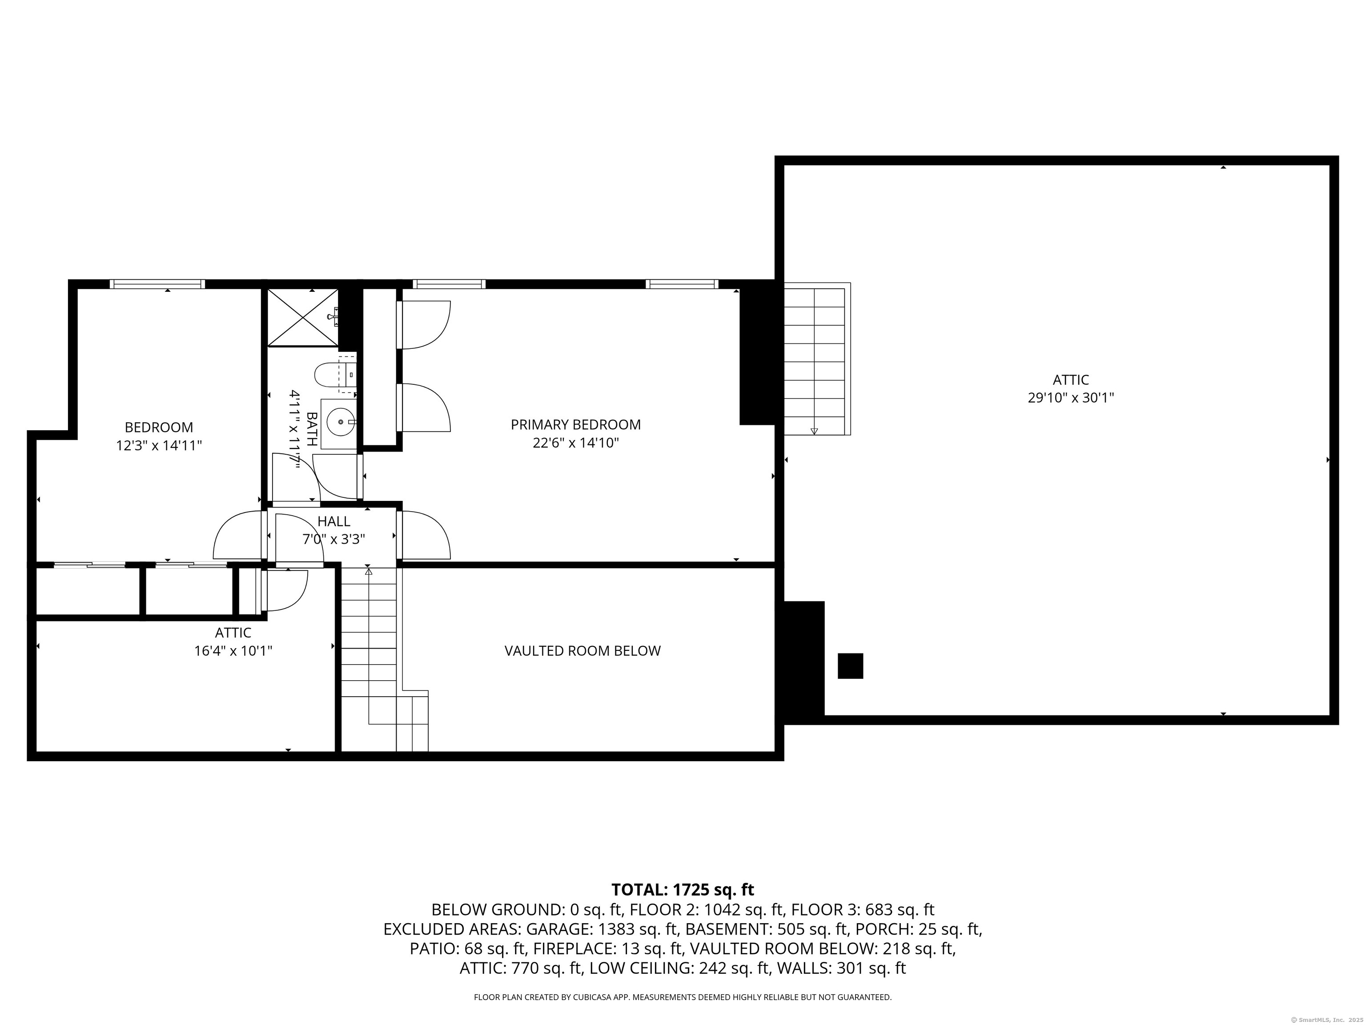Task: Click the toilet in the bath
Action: (x=335, y=374)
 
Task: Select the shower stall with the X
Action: (x=303, y=317)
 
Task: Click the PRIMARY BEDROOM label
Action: (x=575, y=424)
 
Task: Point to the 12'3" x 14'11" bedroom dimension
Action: (x=159, y=445)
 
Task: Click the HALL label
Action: (x=333, y=521)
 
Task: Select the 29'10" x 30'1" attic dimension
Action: (x=1070, y=398)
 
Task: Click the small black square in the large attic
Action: (x=850, y=666)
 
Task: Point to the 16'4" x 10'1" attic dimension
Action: (x=233, y=650)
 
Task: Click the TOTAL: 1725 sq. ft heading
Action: (x=683, y=890)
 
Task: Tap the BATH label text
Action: (x=312, y=429)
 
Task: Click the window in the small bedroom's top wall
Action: (x=157, y=284)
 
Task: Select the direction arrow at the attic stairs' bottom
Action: (x=814, y=431)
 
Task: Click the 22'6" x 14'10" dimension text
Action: (x=575, y=443)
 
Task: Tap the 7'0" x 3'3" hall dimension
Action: (x=333, y=539)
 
